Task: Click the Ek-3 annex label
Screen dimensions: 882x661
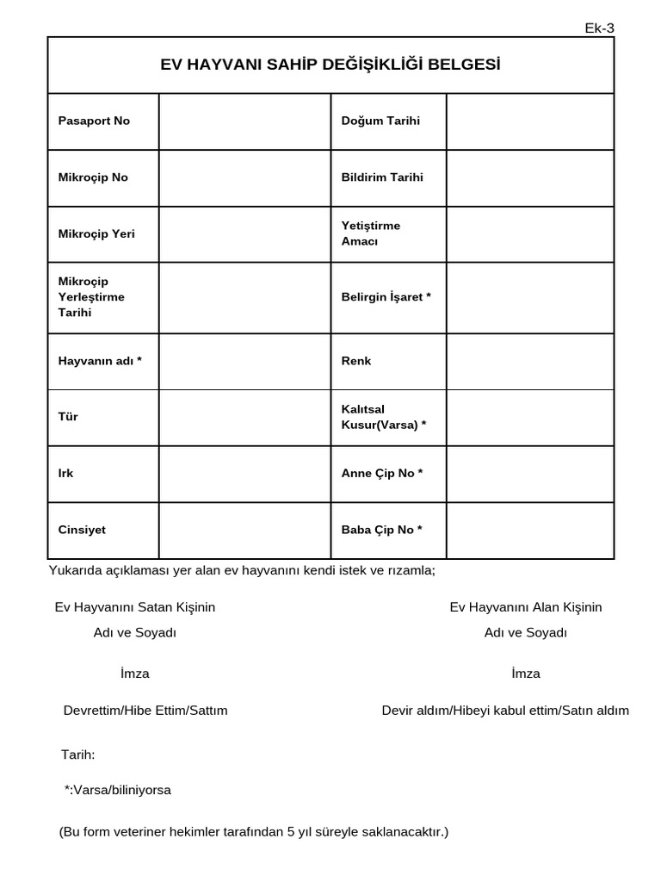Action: pyautogui.click(x=599, y=28)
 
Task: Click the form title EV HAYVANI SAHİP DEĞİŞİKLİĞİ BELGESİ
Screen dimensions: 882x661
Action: pyautogui.click(x=330, y=65)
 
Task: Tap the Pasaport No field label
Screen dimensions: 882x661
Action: pyautogui.click(x=94, y=121)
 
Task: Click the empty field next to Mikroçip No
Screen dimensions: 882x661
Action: pyautogui.click(x=244, y=177)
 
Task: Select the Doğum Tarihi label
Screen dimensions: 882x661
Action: pyautogui.click(x=380, y=121)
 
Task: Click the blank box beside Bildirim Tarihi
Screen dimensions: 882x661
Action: pyautogui.click(x=529, y=177)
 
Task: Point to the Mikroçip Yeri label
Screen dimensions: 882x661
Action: pyautogui.click(x=96, y=233)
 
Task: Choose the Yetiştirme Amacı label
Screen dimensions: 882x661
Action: pyautogui.click(x=371, y=233)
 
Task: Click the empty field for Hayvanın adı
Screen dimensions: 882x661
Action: pyautogui.click(x=244, y=361)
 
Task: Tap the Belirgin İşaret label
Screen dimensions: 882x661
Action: pyautogui.click(x=386, y=297)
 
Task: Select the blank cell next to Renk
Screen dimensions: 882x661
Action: pyautogui.click(x=529, y=361)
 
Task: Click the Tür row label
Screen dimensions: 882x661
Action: pyautogui.click(x=68, y=417)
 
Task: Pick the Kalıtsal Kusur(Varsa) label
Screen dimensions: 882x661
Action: pyautogui.click(x=384, y=417)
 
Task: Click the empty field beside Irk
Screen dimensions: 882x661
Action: pyautogui.click(x=244, y=474)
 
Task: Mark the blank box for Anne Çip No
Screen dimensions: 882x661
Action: pyautogui.click(x=529, y=474)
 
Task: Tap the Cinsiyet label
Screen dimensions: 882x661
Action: pyautogui.click(x=82, y=530)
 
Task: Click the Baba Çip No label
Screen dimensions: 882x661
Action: pyautogui.click(x=382, y=530)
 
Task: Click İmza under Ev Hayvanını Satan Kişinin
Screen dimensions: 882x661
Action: pyautogui.click(x=135, y=674)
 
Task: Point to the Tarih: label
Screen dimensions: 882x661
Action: pyautogui.click(x=78, y=755)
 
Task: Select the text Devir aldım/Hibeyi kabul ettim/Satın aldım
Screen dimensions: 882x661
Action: pyautogui.click(x=505, y=711)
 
